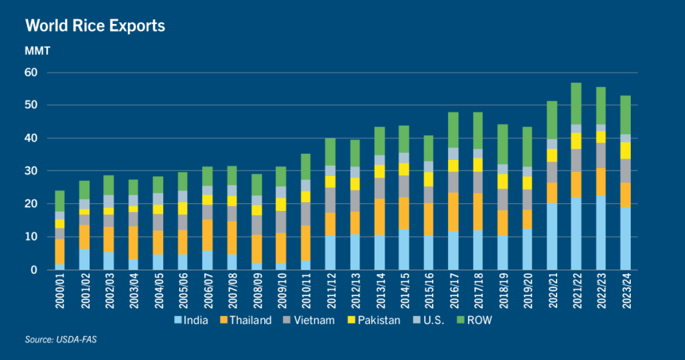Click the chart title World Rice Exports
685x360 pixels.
95,26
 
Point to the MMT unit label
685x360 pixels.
37,51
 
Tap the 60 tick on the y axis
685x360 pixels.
32,72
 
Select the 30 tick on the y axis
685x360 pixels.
32,171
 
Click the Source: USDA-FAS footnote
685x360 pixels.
58,341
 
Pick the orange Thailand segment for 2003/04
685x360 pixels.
134,243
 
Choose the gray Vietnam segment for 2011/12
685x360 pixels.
330,200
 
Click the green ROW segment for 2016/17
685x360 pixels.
452,130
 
